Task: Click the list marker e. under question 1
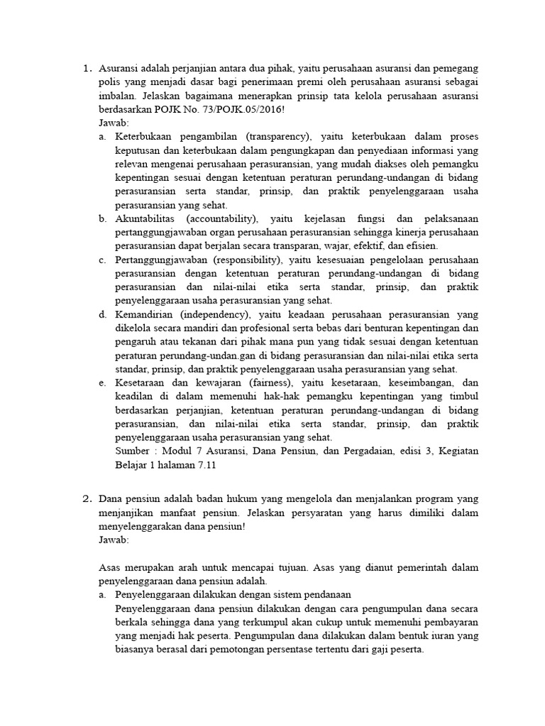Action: [x=103, y=383]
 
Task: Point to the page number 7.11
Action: [x=202, y=464]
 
